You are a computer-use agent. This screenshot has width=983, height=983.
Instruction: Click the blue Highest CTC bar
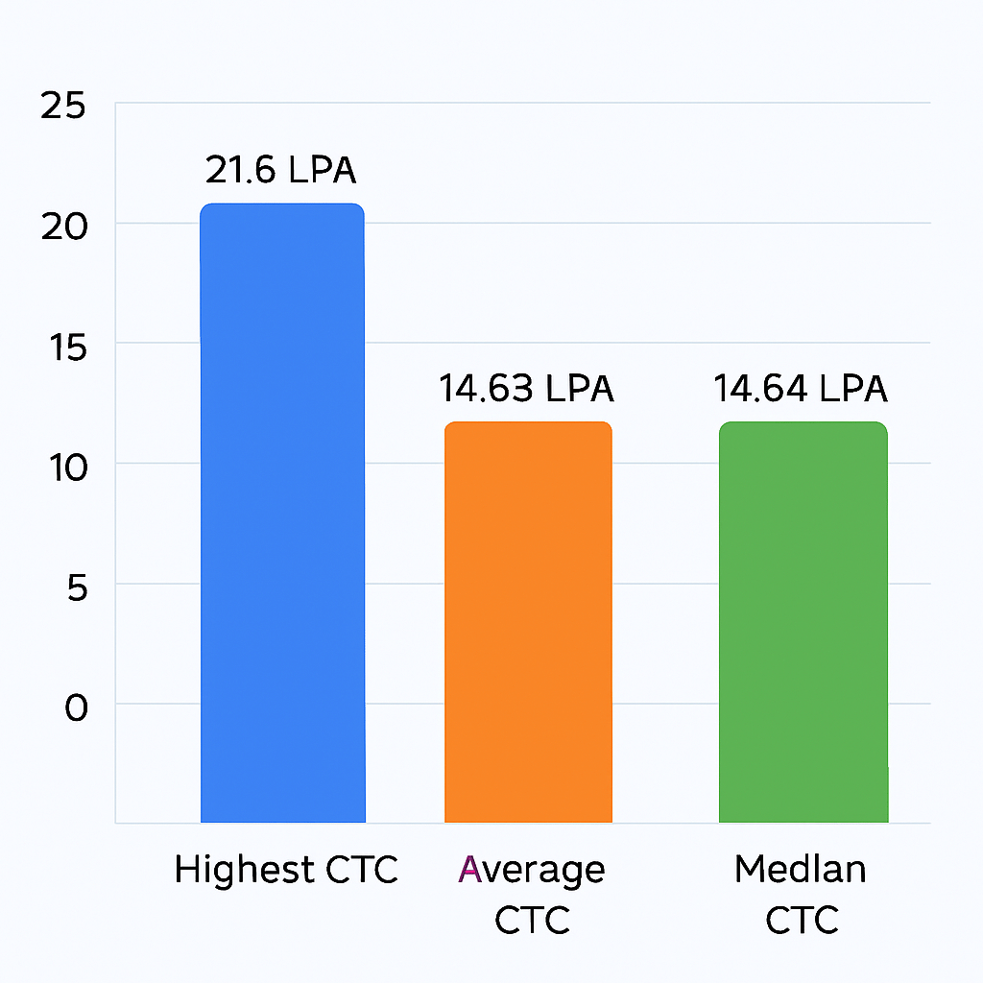pyautogui.click(x=282, y=514)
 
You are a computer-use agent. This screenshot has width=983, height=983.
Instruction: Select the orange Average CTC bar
pyautogui.click(x=528, y=622)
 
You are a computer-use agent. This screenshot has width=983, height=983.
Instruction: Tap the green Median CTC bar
pyautogui.click(x=803, y=622)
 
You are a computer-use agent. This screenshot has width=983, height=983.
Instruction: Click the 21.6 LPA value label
pyautogui.click(x=280, y=171)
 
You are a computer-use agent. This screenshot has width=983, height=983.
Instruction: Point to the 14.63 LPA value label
pyautogui.click(x=526, y=389)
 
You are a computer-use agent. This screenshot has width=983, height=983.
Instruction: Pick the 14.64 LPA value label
pyautogui.click(x=801, y=389)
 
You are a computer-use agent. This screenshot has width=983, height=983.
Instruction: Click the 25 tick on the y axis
pyautogui.click(x=63, y=106)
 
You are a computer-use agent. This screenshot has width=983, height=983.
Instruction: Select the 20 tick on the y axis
pyautogui.click(x=63, y=226)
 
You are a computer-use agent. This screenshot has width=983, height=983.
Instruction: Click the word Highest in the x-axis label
pyautogui.click(x=244, y=871)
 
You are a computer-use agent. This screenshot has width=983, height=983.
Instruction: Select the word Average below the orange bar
pyautogui.click(x=532, y=871)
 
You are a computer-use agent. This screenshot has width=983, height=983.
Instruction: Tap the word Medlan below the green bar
pyautogui.click(x=801, y=870)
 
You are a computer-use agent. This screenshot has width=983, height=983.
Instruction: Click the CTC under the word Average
pyautogui.click(x=532, y=920)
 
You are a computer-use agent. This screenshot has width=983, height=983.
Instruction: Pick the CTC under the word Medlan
pyautogui.click(x=802, y=920)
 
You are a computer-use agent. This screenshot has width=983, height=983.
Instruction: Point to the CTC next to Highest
pyautogui.click(x=359, y=871)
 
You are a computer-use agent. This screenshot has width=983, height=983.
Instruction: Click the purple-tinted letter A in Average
pyautogui.click(x=469, y=869)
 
